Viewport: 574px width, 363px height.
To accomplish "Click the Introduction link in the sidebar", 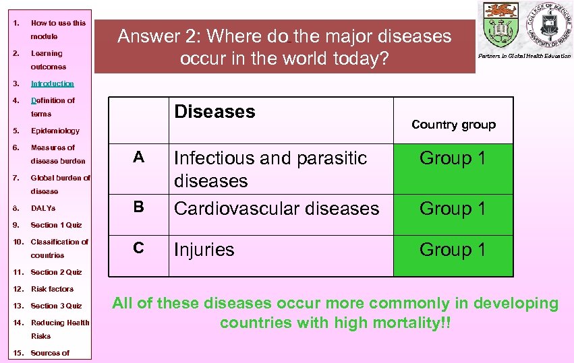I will (52, 84).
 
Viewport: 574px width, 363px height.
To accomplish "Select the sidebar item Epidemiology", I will (55, 131).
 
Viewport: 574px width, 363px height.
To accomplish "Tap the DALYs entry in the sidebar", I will (43, 208).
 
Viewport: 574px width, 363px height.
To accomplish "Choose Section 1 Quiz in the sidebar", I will (56, 225).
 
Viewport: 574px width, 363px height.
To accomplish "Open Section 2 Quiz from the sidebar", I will (56, 272).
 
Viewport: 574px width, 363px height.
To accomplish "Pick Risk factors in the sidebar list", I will (52, 289).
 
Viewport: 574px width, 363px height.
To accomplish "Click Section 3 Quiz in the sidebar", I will (56, 306).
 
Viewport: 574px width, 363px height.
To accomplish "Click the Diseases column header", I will (214, 112).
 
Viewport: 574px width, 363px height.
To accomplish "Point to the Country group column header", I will (453, 125).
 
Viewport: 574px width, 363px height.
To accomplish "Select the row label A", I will (138, 158).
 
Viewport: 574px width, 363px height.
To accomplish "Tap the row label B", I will (138, 207).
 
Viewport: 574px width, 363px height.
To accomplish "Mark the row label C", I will (138, 248).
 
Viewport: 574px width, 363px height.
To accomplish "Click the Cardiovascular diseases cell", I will (277, 209).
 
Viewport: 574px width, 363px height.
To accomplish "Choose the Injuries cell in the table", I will (204, 250).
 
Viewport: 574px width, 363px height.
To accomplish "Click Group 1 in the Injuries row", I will (453, 250).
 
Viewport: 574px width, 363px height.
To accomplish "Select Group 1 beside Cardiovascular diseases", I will (453, 209).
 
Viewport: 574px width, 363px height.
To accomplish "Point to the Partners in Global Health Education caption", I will (525, 56).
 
